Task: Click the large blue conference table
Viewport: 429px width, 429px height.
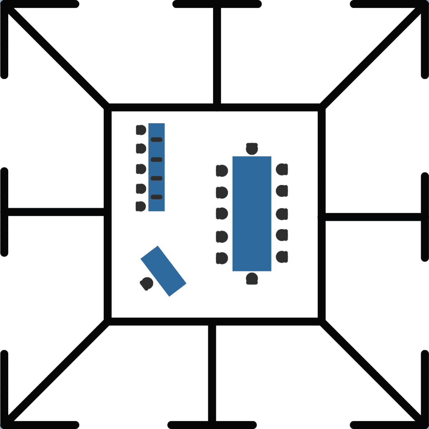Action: [252, 214]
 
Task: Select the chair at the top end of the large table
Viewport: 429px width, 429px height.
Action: [252, 148]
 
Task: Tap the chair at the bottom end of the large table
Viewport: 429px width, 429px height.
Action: [252, 278]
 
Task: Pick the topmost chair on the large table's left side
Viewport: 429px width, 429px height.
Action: [222, 171]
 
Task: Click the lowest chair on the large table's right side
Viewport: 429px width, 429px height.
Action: [282, 257]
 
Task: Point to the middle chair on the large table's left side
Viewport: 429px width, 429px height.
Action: [222, 214]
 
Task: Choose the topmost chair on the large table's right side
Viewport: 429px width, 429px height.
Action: [282, 170]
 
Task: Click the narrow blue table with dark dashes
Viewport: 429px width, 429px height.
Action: [157, 167]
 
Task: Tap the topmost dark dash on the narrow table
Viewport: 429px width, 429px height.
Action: [157, 139]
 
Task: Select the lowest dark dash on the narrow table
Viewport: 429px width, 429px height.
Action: [157, 197]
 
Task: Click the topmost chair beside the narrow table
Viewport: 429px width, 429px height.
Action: [141, 130]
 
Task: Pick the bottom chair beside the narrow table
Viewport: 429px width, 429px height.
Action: [140, 206]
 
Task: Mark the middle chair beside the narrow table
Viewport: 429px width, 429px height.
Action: [141, 168]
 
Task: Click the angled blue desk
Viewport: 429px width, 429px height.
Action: [163, 271]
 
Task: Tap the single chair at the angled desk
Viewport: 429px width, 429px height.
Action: [147, 284]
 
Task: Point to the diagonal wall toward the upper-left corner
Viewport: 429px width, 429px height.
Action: [57, 55]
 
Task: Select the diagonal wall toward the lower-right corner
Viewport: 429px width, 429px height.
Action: [372, 372]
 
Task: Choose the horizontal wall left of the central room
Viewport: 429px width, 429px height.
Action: [55, 211]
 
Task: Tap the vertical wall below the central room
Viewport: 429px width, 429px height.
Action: [212, 372]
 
